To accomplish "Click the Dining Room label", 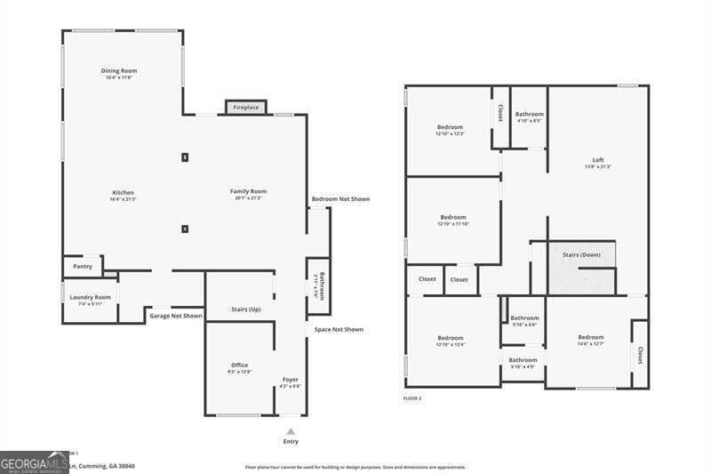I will [x=119, y=71].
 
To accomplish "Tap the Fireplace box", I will [x=246, y=108].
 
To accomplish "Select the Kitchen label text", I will [x=123, y=193].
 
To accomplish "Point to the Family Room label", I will [x=248, y=191].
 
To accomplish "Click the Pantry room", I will [x=83, y=266].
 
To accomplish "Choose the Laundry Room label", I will [x=91, y=297].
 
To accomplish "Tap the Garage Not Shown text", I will [x=175, y=316].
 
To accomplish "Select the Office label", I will [x=239, y=365].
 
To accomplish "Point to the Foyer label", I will [x=291, y=380].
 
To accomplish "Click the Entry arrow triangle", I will [x=290, y=430].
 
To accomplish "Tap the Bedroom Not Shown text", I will [x=340, y=199].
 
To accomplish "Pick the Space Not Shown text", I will [x=338, y=330].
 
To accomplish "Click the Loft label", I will [x=596, y=161].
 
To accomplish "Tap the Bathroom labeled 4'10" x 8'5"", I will [x=529, y=115].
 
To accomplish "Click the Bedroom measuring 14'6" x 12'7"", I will [x=590, y=338].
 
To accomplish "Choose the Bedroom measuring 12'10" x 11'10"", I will [x=453, y=218].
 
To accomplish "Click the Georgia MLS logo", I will [x=34, y=462].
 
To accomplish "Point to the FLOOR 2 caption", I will [x=412, y=398].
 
